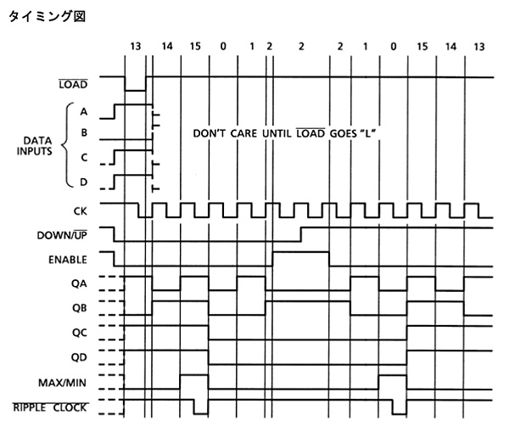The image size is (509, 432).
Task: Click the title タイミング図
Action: click(x=47, y=16)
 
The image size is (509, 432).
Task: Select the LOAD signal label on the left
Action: click(x=73, y=85)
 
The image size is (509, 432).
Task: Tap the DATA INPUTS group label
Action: click(x=35, y=146)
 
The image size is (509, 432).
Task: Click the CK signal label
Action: click(x=81, y=211)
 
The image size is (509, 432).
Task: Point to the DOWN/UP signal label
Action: click(x=62, y=235)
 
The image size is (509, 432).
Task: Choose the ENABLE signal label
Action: click(x=68, y=260)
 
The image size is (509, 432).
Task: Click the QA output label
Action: click(x=79, y=283)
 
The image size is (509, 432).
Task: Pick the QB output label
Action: click(x=79, y=307)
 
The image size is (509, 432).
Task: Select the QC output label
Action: click(x=79, y=333)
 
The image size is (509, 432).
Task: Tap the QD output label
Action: click(x=79, y=357)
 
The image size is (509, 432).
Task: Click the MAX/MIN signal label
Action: click(x=62, y=383)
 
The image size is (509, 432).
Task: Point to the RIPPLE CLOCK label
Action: click(x=50, y=407)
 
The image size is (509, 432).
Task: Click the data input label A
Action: click(x=84, y=111)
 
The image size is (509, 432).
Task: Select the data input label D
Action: click(x=84, y=182)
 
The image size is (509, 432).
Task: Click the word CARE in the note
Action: click(x=243, y=133)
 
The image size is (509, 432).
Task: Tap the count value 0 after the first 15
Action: click(x=223, y=47)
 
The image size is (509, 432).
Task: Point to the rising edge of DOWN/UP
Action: click(x=301, y=234)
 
